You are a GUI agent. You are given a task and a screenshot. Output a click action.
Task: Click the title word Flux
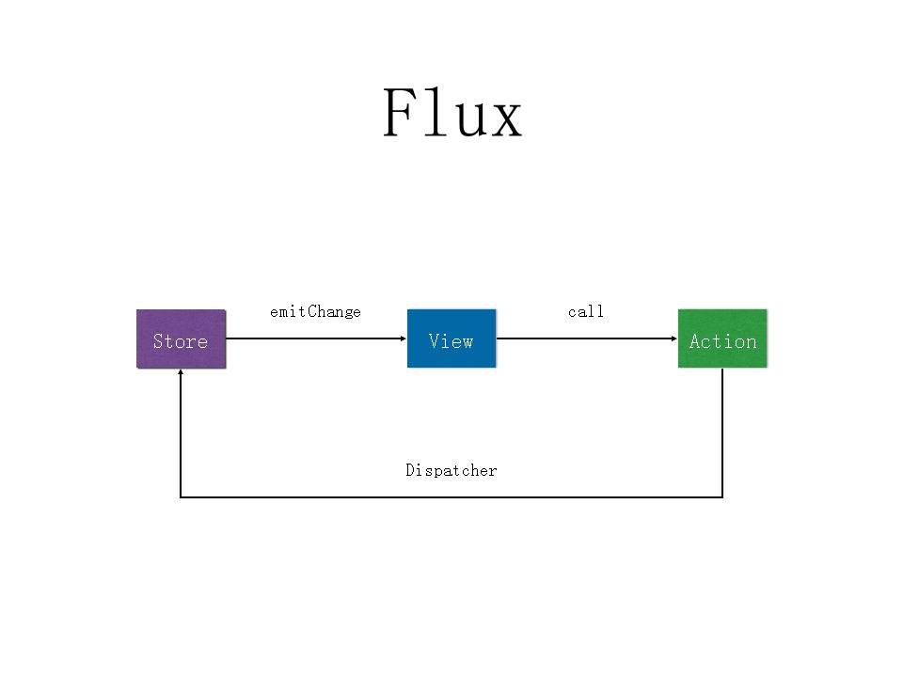point(451,114)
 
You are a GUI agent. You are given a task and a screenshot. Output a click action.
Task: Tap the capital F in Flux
point(401,114)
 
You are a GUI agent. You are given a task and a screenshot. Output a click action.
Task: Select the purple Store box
point(181,338)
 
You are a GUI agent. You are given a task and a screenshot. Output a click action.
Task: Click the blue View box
point(451,338)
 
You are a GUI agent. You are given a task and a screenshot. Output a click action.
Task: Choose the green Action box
point(722,338)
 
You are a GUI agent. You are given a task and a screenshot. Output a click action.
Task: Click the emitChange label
point(315,311)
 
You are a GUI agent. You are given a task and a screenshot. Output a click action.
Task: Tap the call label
point(586,311)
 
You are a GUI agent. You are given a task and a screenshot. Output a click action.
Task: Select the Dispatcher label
point(451,470)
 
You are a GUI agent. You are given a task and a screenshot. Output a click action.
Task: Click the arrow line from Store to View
point(315,338)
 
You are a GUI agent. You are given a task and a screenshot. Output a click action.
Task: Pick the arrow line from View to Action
point(586,338)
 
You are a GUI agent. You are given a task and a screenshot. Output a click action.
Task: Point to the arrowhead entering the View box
point(403,338)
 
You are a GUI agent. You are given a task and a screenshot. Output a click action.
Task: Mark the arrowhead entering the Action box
point(673,338)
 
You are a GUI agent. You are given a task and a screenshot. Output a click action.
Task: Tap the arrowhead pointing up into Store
point(181,373)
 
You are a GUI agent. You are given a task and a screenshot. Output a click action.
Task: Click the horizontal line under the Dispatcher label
point(451,496)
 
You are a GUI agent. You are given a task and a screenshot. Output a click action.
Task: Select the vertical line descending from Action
point(722,433)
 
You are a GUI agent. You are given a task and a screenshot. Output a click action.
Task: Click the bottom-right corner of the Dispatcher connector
point(722,496)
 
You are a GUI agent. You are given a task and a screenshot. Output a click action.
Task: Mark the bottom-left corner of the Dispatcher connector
point(181,496)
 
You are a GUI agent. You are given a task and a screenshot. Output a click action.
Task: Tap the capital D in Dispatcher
point(410,470)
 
